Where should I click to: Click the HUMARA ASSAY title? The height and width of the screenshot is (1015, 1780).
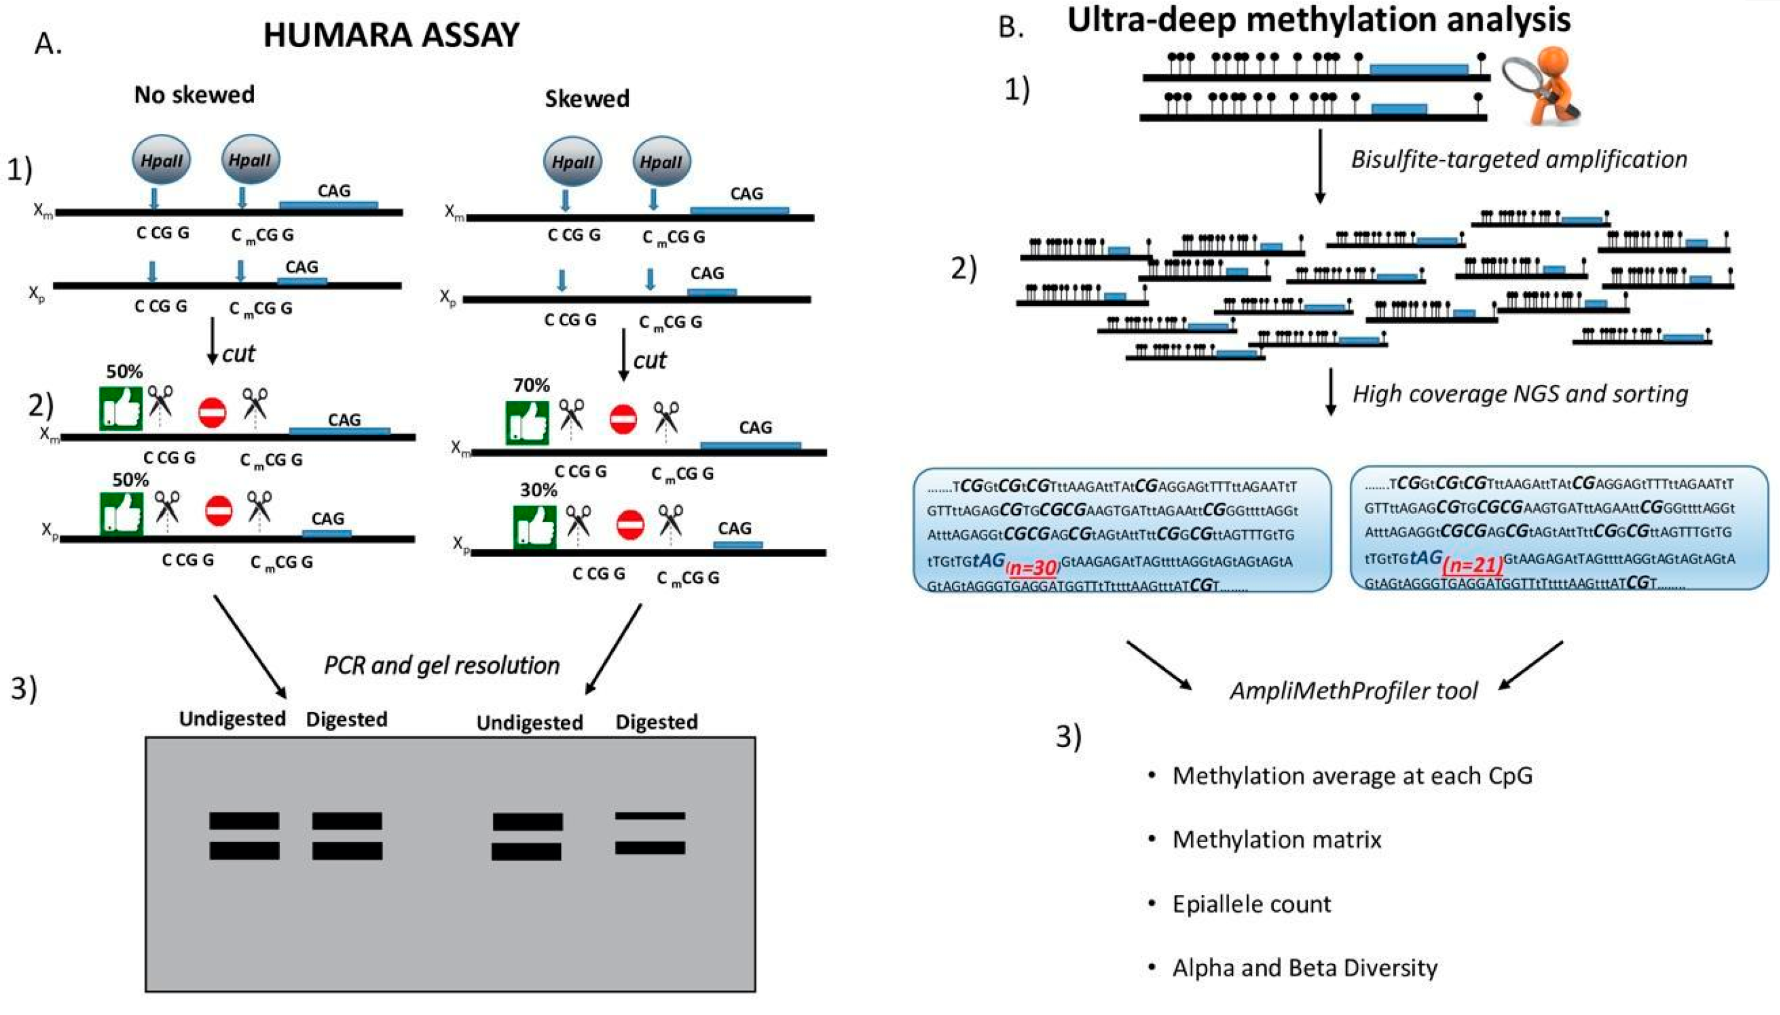click(391, 35)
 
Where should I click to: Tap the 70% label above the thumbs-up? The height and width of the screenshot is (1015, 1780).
click(531, 385)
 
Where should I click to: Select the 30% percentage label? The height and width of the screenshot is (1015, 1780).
click(538, 489)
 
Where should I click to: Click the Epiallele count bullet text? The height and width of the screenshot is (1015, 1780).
click(1251, 904)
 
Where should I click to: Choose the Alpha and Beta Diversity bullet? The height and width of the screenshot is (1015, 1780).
click(1304, 968)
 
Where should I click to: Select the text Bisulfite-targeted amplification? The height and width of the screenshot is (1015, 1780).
click(1518, 159)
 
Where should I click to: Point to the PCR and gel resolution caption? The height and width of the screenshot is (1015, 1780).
click(442, 665)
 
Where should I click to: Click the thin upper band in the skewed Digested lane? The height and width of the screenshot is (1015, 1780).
click(650, 815)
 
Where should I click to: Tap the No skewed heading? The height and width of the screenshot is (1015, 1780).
click(194, 94)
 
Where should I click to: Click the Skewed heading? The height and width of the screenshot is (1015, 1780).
click(587, 98)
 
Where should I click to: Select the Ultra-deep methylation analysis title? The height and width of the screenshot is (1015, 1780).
click(1318, 19)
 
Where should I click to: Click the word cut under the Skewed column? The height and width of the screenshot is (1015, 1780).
click(650, 360)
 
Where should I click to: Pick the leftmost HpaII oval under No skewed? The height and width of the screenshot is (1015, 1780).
click(162, 160)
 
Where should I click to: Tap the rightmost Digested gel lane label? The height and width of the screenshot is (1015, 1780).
click(656, 721)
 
